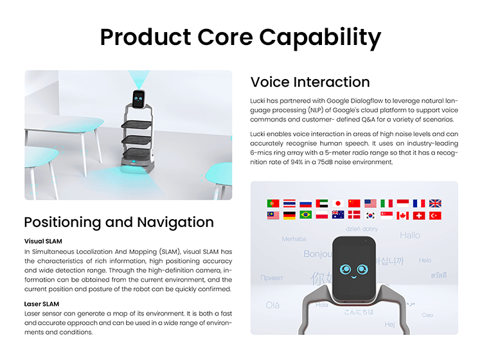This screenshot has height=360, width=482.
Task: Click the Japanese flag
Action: click(338, 203)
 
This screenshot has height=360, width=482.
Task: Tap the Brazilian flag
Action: click(305, 215)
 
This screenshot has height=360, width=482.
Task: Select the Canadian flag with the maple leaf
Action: click(403, 215)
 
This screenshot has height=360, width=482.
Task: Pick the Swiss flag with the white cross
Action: click(419, 215)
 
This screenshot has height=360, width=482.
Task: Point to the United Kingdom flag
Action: click(435, 203)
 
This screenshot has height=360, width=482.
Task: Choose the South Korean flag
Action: click(370, 215)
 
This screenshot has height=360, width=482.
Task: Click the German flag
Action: click(289, 215)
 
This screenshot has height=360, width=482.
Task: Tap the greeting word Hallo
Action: click(410, 235)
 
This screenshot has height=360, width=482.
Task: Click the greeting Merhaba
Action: click(294, 239)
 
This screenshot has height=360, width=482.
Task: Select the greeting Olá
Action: click(272, 305)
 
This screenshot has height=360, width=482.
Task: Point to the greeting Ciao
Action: click(427, 315)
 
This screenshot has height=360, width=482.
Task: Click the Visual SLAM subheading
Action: click(43, 241)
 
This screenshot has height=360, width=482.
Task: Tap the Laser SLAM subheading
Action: click(42, 304)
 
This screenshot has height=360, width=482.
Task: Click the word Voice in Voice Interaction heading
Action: click(270, 82)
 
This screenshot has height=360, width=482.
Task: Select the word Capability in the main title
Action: click(320, 37)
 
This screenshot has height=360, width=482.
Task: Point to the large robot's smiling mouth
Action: click(354, 277)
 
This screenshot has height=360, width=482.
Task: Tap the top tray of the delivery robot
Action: click(136, 125)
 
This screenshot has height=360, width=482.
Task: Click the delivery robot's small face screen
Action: click(139, 99)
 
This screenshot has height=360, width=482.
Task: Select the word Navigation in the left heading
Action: click(175, 222)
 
